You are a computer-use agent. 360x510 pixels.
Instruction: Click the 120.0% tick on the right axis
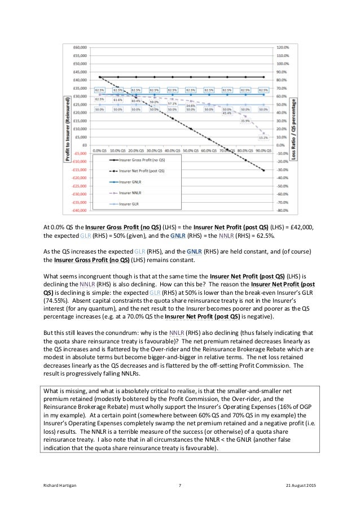point(282,47)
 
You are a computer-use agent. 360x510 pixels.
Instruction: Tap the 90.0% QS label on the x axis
point(263,151)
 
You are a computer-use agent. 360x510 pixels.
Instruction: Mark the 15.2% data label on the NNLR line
point(263,137)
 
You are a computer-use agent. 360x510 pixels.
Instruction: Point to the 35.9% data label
point(245,121)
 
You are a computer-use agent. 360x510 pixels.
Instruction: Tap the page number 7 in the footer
point(179,486)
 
